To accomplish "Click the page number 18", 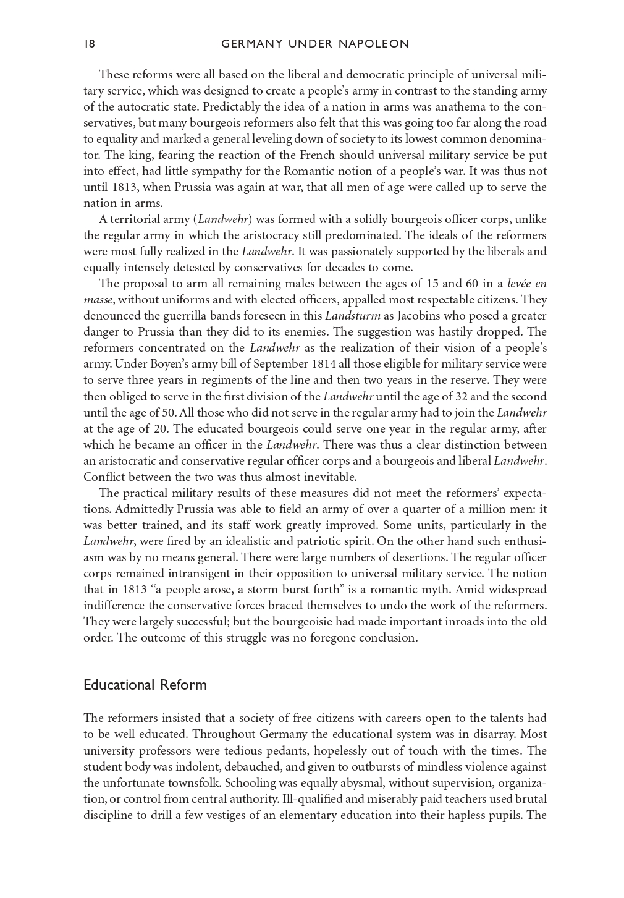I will coord(90,44).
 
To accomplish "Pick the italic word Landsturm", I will coord(353,316).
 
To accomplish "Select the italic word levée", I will coord(518,284).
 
